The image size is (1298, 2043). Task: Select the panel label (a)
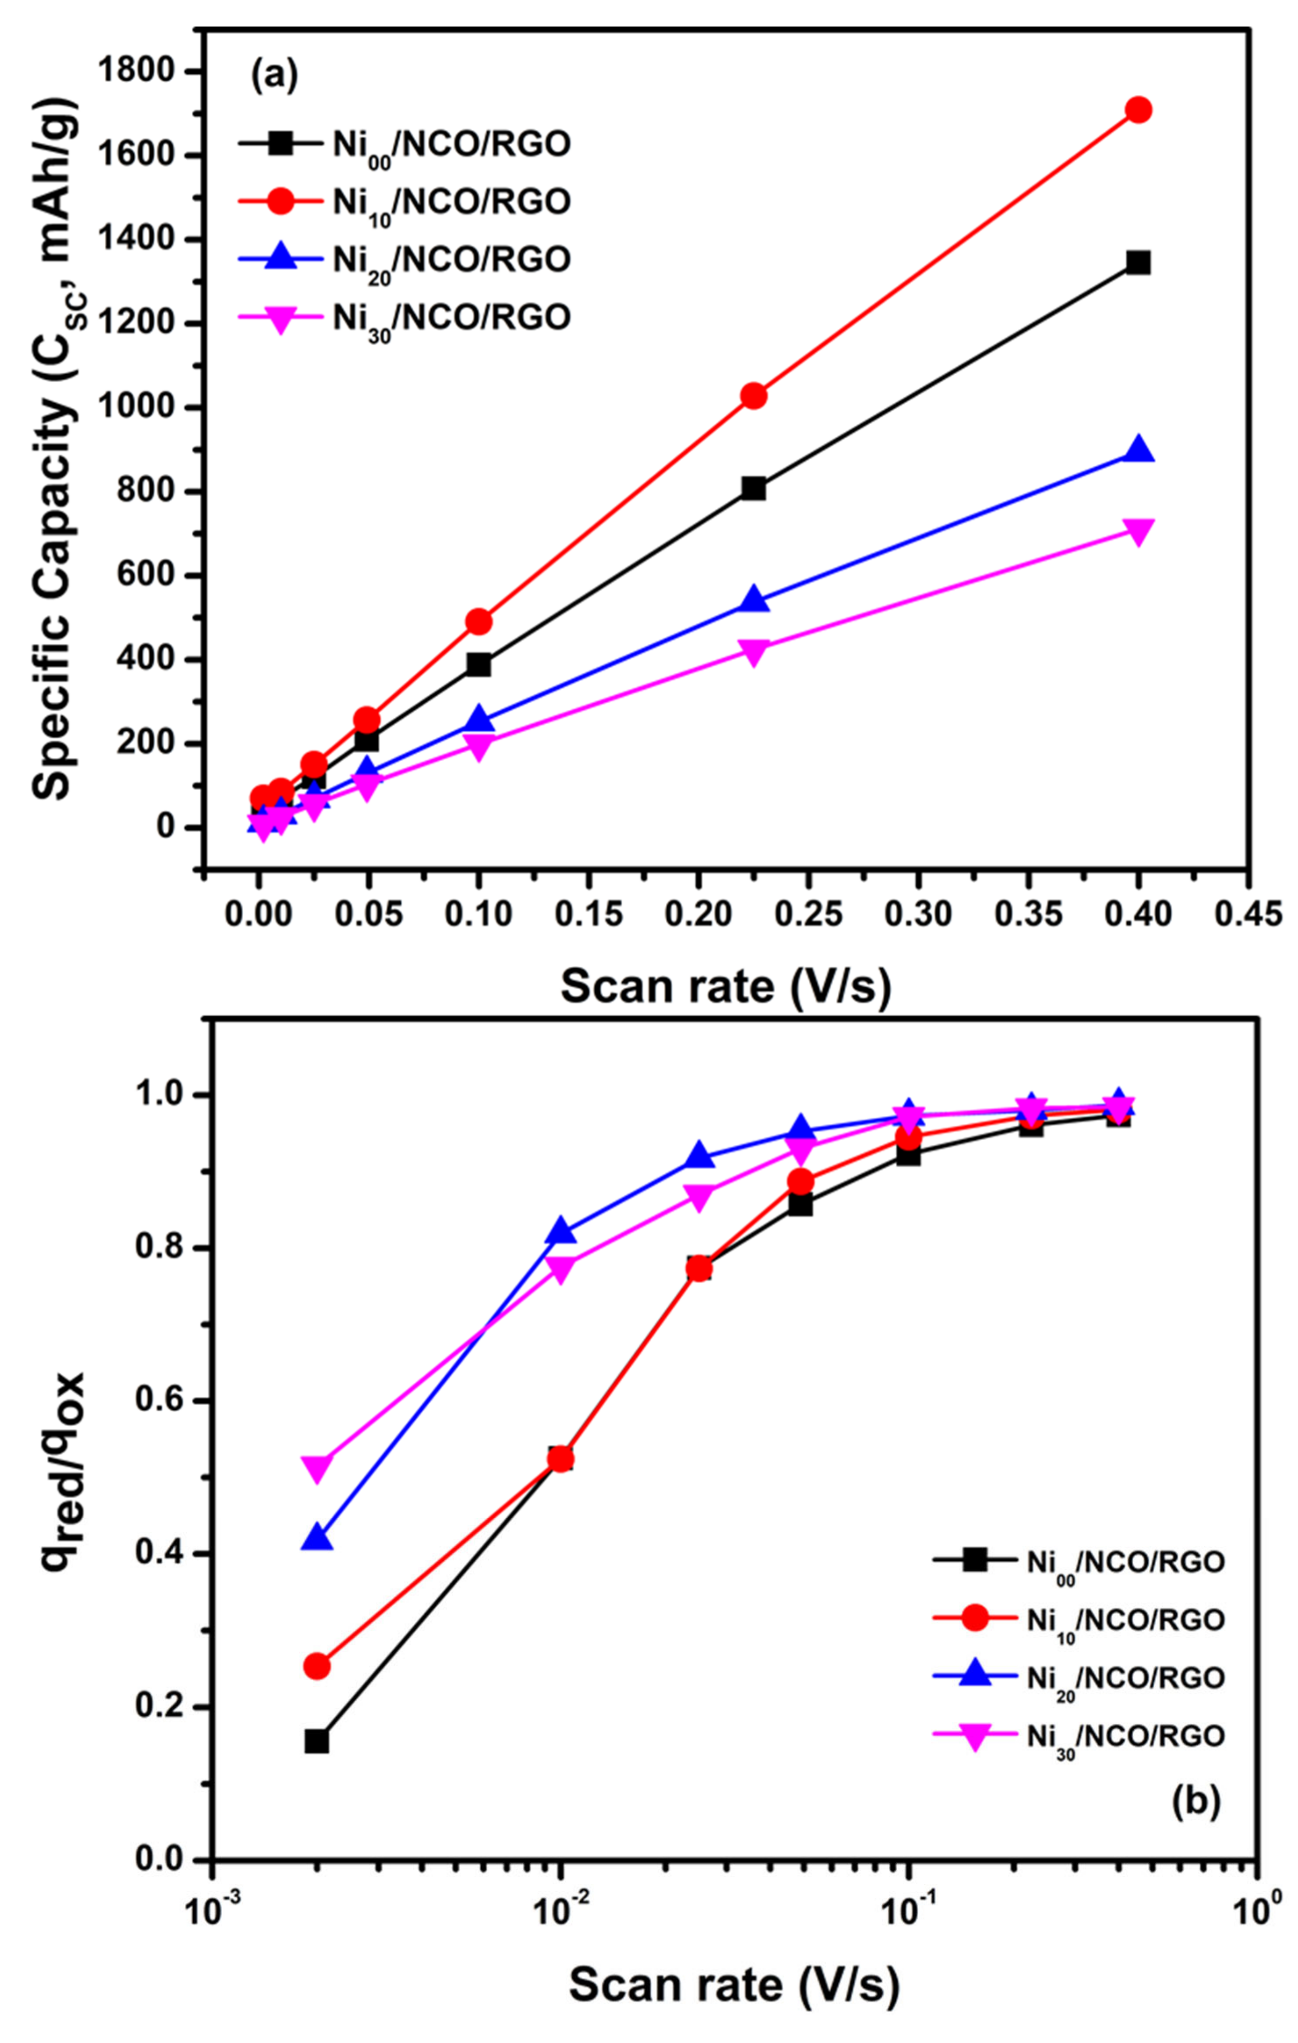coord(274,77)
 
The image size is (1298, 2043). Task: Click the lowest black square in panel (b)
coord(316,1742)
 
